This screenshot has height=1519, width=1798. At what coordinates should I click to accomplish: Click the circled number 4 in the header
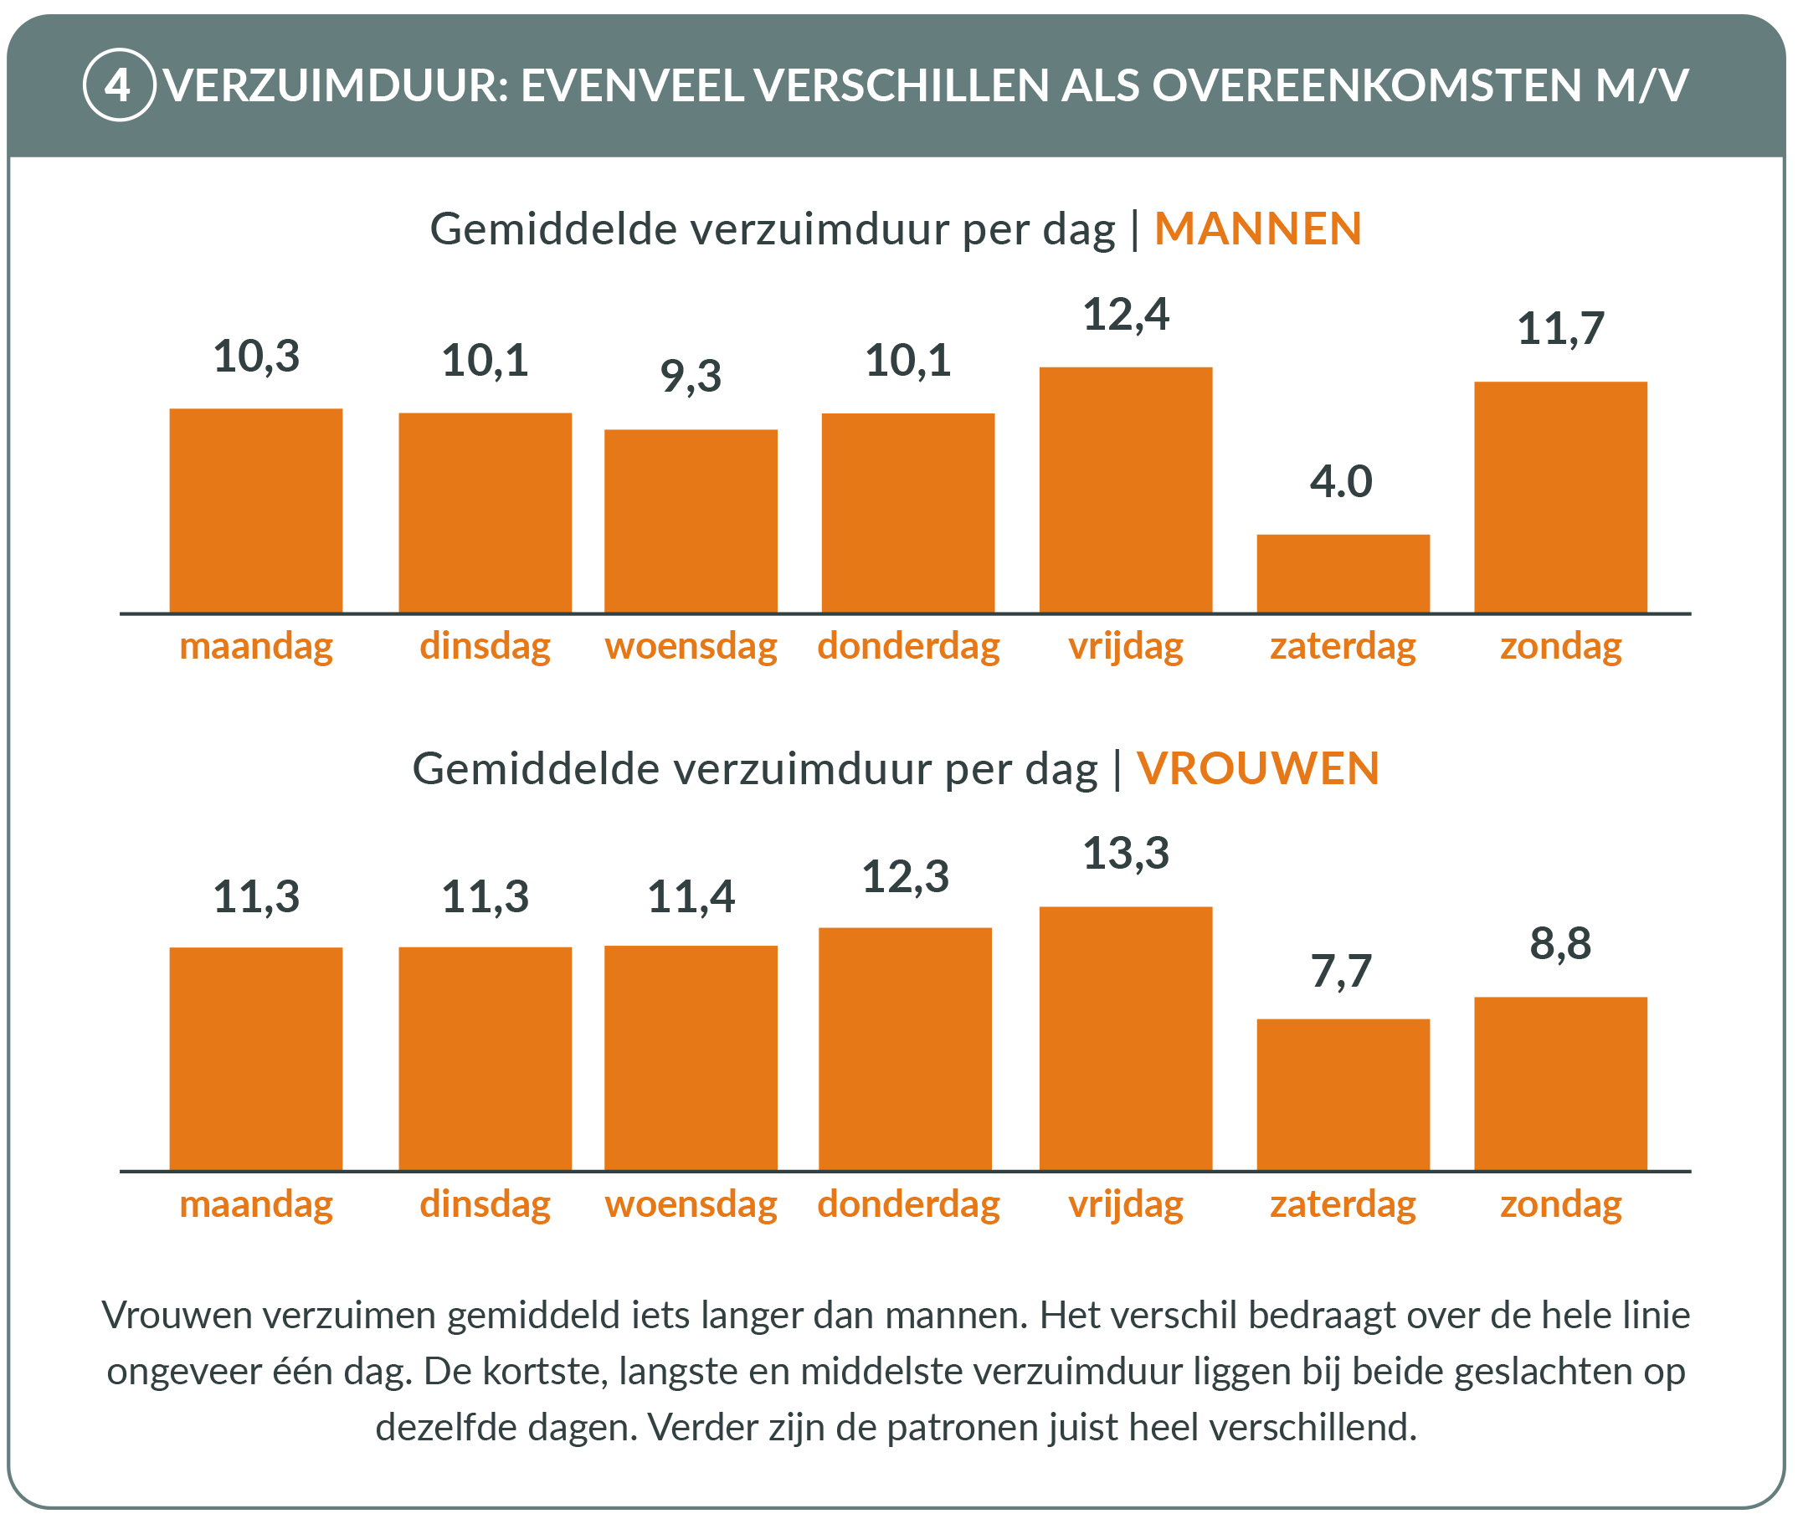pyautogui.click(x=119, y=85)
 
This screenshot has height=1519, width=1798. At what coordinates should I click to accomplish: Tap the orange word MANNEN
pyautogui.click(x=1257, y=229)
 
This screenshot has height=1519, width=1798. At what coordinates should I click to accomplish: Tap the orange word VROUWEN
pyautogui.click(x=1257, y=768)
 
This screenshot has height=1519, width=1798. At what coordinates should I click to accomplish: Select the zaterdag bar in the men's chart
pyautogui.click(x=1343, y=573)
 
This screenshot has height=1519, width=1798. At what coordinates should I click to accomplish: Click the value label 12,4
pyautogui.click(x=1126, y=315)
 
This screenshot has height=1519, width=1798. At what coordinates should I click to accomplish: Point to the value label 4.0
pyautogui.click(x=1341, y=481)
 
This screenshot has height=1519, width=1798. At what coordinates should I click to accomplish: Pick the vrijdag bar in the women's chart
pyautogui.click(x=1126, y=1039)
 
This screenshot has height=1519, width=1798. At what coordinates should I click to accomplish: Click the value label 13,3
pyautogui.click(x=1126, y=854)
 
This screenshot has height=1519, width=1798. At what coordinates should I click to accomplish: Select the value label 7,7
pyautogui.click(x=1341, y=972)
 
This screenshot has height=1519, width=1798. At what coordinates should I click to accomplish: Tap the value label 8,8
pyautogui.click(x=1559, y=943)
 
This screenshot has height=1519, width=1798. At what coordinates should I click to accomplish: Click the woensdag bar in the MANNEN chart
pyautogui.click(x=691, y=521)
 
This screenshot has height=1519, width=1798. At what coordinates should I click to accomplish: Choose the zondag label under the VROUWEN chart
pyautogui.click(x=1560, y=1203)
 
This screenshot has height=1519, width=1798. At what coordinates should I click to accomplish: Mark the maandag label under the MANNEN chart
pyautogui.click(x=256, y=646)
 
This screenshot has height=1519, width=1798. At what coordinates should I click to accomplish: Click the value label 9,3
pyautogui.click(x=691, y=377)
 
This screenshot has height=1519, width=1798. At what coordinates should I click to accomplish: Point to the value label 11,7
pyautogui.click(x=1559, y=329)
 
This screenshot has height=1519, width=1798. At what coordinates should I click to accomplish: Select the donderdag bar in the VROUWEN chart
pyautogui.click(x=905, y=1049)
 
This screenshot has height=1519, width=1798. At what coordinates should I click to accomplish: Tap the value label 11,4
pyautogui.click(x=691, y=896)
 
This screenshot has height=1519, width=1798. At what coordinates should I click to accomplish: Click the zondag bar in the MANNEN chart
pyautogui.click(x=1560, y=497)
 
